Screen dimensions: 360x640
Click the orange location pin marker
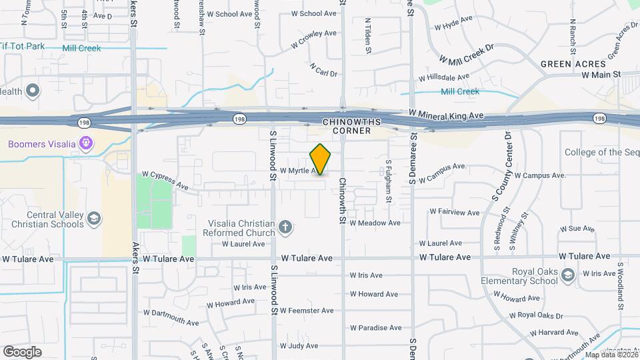(x=320, y=159)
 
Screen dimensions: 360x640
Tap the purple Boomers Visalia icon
(x=85, y=143)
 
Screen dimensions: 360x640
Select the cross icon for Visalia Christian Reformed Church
(x=285, y=227)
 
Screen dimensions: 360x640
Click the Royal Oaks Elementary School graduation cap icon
(x=567, y=275)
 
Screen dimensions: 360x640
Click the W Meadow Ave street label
(x=375, y=223)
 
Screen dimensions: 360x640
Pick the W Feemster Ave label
(x=307, y=311)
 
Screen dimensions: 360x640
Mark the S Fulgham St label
(x=388, y=180)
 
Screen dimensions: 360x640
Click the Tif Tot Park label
(x=22, y=47)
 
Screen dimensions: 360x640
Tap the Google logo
(x=22, y=351)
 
